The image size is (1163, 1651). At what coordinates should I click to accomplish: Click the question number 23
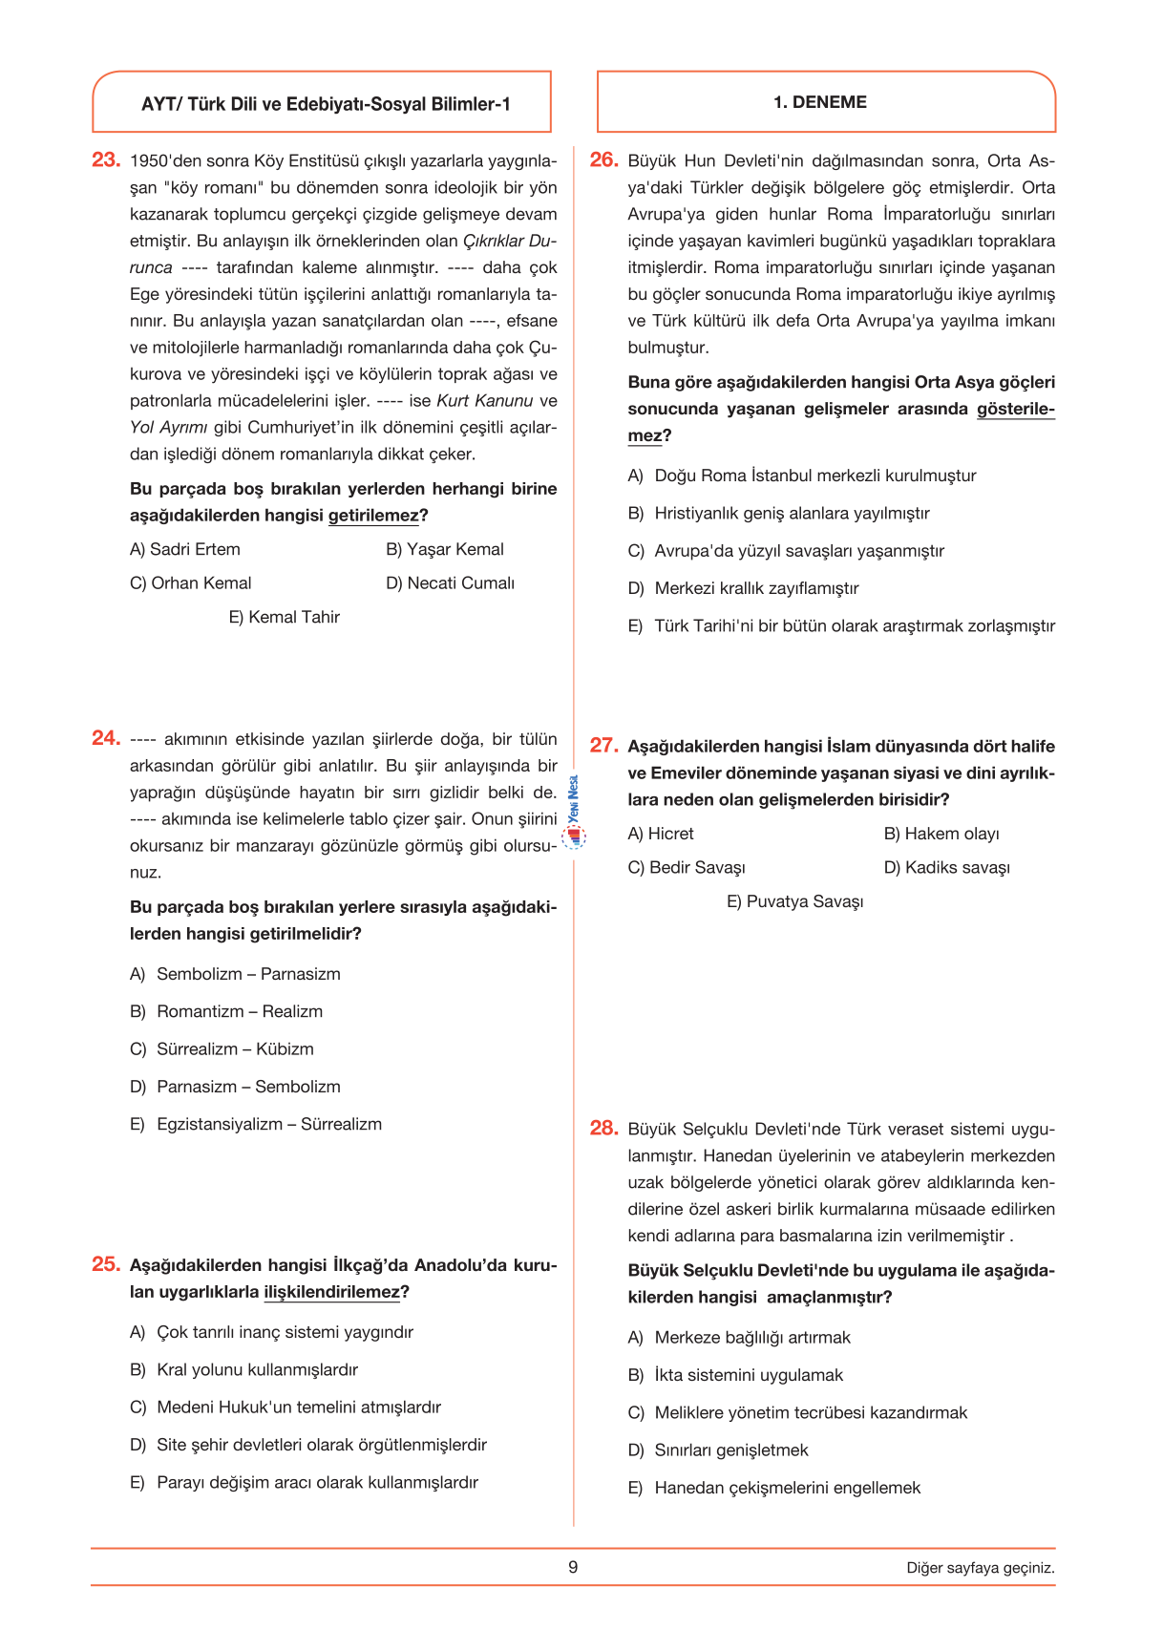pos(105,160)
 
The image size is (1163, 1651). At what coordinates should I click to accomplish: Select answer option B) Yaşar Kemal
pos(445,550)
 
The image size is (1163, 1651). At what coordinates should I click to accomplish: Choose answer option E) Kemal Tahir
pos(285,618)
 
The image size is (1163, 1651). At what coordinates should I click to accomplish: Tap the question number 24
pos(105,738)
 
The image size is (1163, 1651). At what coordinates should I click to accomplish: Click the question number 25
pos(105,1264)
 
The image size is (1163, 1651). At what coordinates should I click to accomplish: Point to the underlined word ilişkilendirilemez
pos(331,1293)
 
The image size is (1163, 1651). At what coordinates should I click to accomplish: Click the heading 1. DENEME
pos(820,102)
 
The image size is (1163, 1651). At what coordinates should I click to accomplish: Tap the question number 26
pos(603,160)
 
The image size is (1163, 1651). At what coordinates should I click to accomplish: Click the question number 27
pos(603,746)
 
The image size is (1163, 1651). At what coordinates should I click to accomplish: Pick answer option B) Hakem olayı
pos(941,835)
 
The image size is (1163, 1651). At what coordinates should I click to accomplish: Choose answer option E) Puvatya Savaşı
pos(795,902)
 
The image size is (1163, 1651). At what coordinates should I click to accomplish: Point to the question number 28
pos(603,1129)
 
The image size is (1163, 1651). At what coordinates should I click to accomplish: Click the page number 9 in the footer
pos(573,1567)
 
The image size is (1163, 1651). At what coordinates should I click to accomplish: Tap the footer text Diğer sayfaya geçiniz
pos(981,1568)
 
